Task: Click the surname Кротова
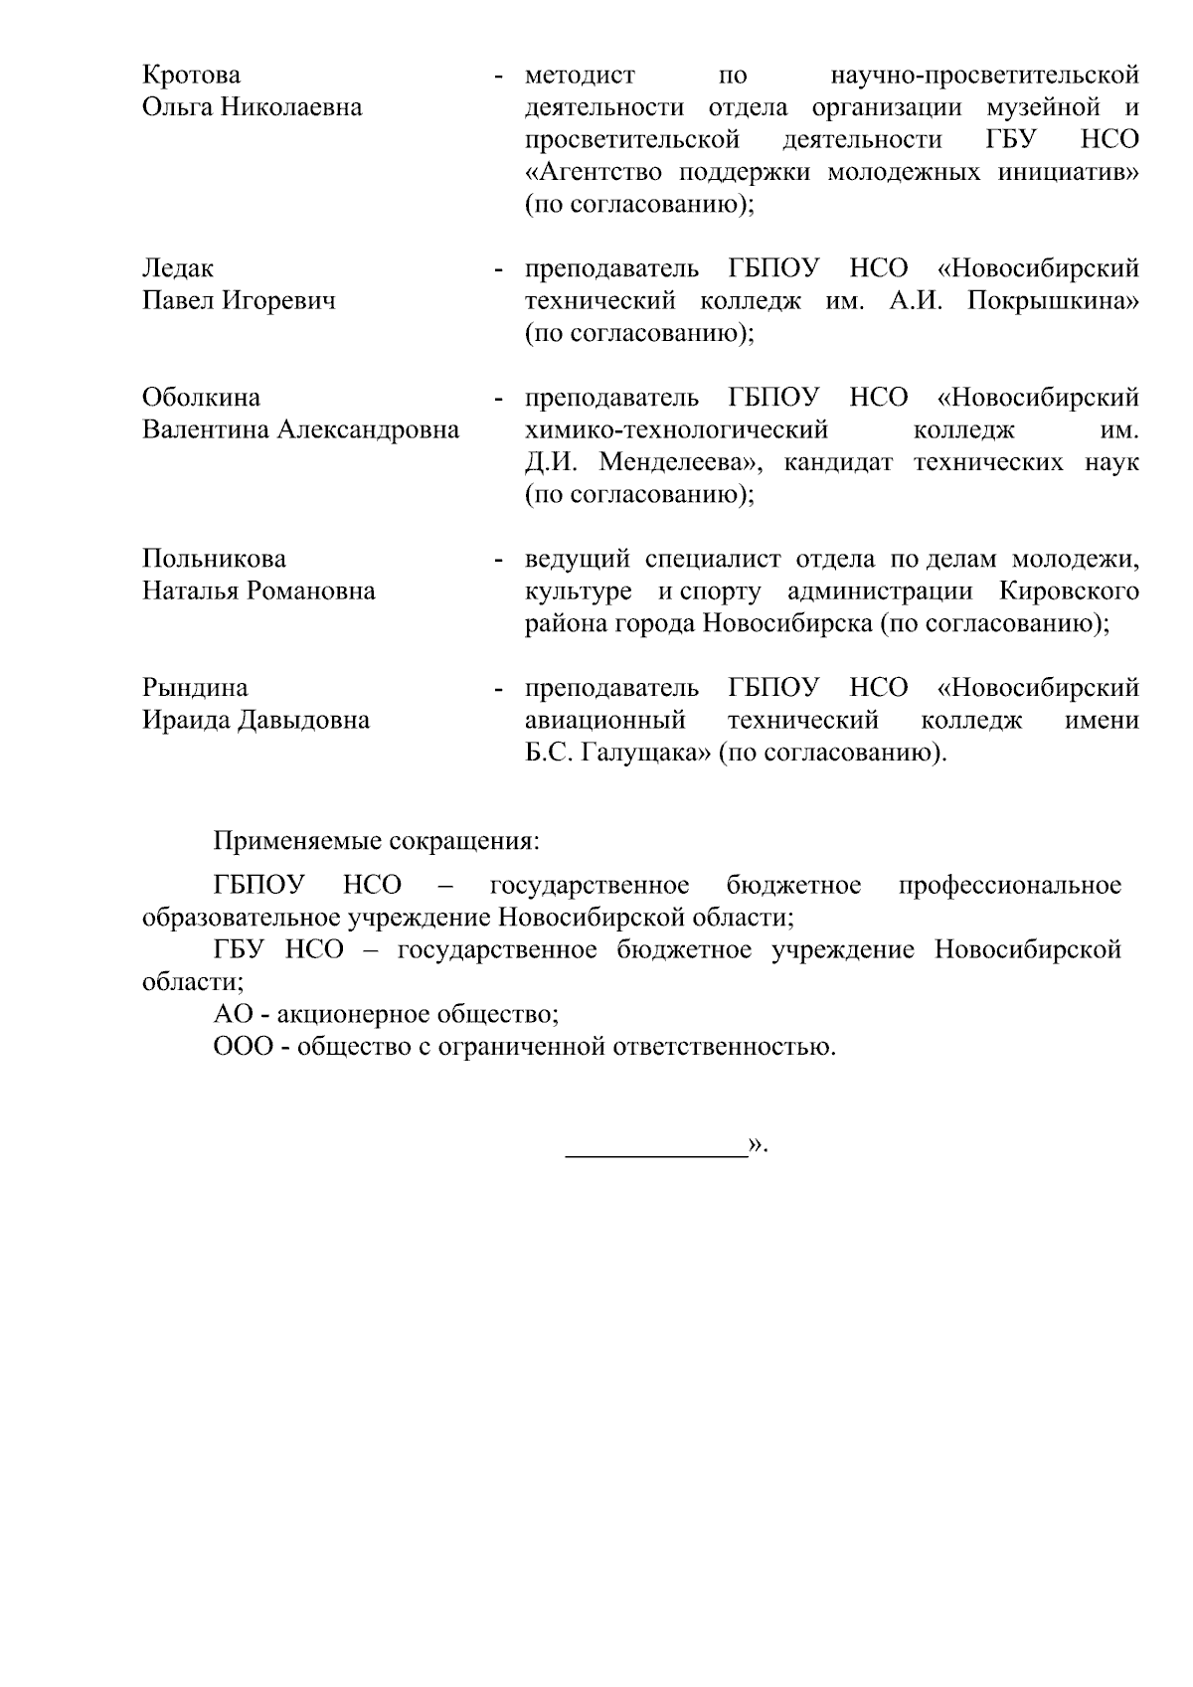coord(192,76)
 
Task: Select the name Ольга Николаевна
coord(253,107)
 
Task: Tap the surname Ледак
coord(178,269)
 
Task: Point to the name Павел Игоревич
coord(239,301)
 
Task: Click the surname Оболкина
coord(202,398)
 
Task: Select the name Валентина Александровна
coord(301,429)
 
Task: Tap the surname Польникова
coord(214,559)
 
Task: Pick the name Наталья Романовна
coord(258,591)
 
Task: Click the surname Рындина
coord(195,688)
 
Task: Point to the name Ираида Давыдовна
coord(256,721)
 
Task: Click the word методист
coord(580,76)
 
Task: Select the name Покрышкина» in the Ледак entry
coord(1053,301)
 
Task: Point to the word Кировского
coord(1069,591)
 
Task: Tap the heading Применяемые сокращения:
coord(377,842)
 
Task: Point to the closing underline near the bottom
coord(656,1156)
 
